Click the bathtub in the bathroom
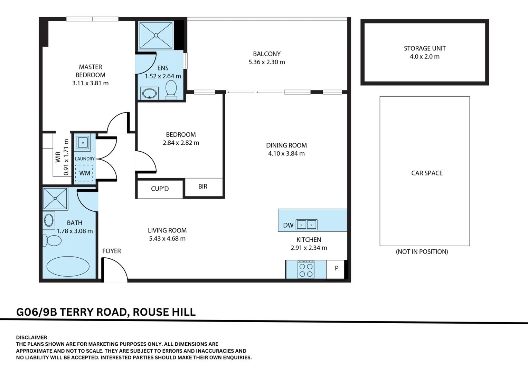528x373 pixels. click(68, 266)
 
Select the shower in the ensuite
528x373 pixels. click(156, 35)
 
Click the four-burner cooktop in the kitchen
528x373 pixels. click(306, 269)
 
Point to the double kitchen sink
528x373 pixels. click(307, 224)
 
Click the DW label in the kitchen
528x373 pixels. click(288, 226)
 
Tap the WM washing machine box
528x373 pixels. click(84, 173)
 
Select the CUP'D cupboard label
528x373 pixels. click(160, 189)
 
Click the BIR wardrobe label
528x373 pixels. click(203, 186)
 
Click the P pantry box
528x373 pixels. click(336, 268)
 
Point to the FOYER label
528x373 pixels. click(111, 251)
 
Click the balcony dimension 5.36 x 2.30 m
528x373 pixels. click(266, 62)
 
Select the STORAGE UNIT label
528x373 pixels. click(425, 48)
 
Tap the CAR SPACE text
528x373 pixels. click(427, 173)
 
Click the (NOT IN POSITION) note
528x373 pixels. click(422, 252)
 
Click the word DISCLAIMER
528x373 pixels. click(31, 337)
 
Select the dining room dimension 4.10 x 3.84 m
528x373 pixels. click(286, 154)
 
